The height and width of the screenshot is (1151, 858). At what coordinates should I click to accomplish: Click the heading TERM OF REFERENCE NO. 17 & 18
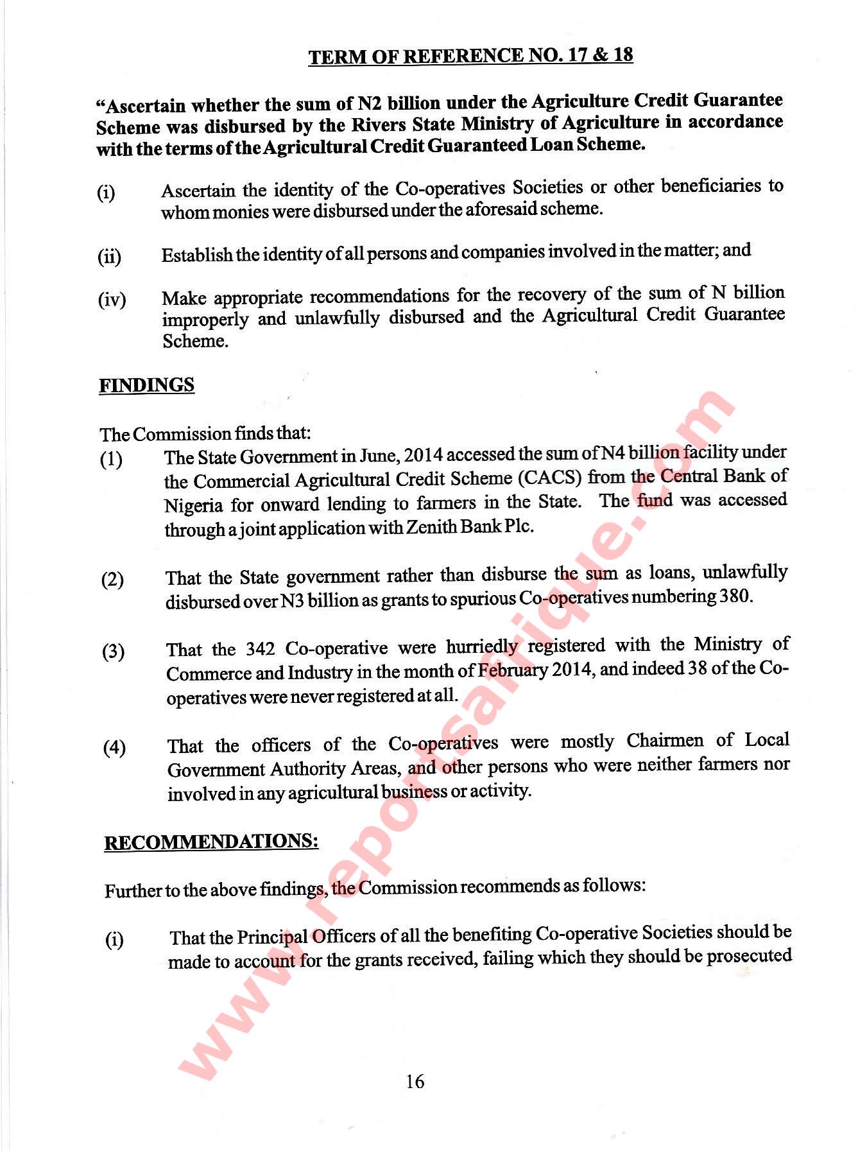tap(470, 56)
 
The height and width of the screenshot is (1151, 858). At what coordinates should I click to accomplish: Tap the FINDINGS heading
tap(146, 385)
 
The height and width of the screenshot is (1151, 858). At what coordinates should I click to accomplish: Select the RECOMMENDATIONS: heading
tap(211, 842)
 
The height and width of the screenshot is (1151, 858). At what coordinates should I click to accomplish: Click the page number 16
tap(415, 1082)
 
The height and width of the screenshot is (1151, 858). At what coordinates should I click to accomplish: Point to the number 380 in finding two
tap(734, 596)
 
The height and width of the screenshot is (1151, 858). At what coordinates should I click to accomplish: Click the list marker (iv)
tap(112, 300)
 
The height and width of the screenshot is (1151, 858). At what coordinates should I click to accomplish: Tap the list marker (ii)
tap(109, 257)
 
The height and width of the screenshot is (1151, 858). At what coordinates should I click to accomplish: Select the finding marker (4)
tap(114, 748)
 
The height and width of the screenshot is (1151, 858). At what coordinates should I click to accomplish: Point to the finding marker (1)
tap(111, 460)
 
